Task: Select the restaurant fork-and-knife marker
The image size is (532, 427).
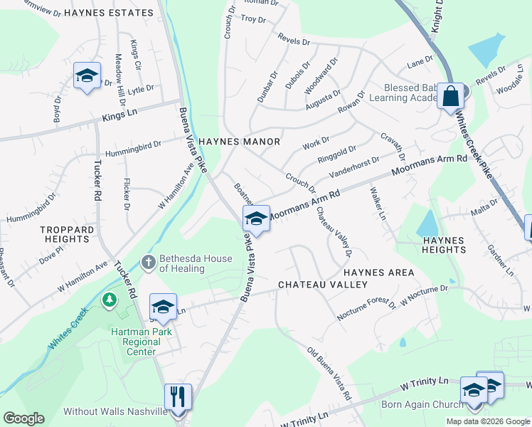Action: [178, 397]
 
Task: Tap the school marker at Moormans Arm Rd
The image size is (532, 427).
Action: [256, 218]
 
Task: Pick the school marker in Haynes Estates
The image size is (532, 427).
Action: [86, 75]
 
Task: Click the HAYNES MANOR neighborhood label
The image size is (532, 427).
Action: [239, 142]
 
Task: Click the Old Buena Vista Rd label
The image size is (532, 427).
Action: [329, 373]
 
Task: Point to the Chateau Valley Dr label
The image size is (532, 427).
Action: [334, 231]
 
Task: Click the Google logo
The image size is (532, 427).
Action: [23, 418]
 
